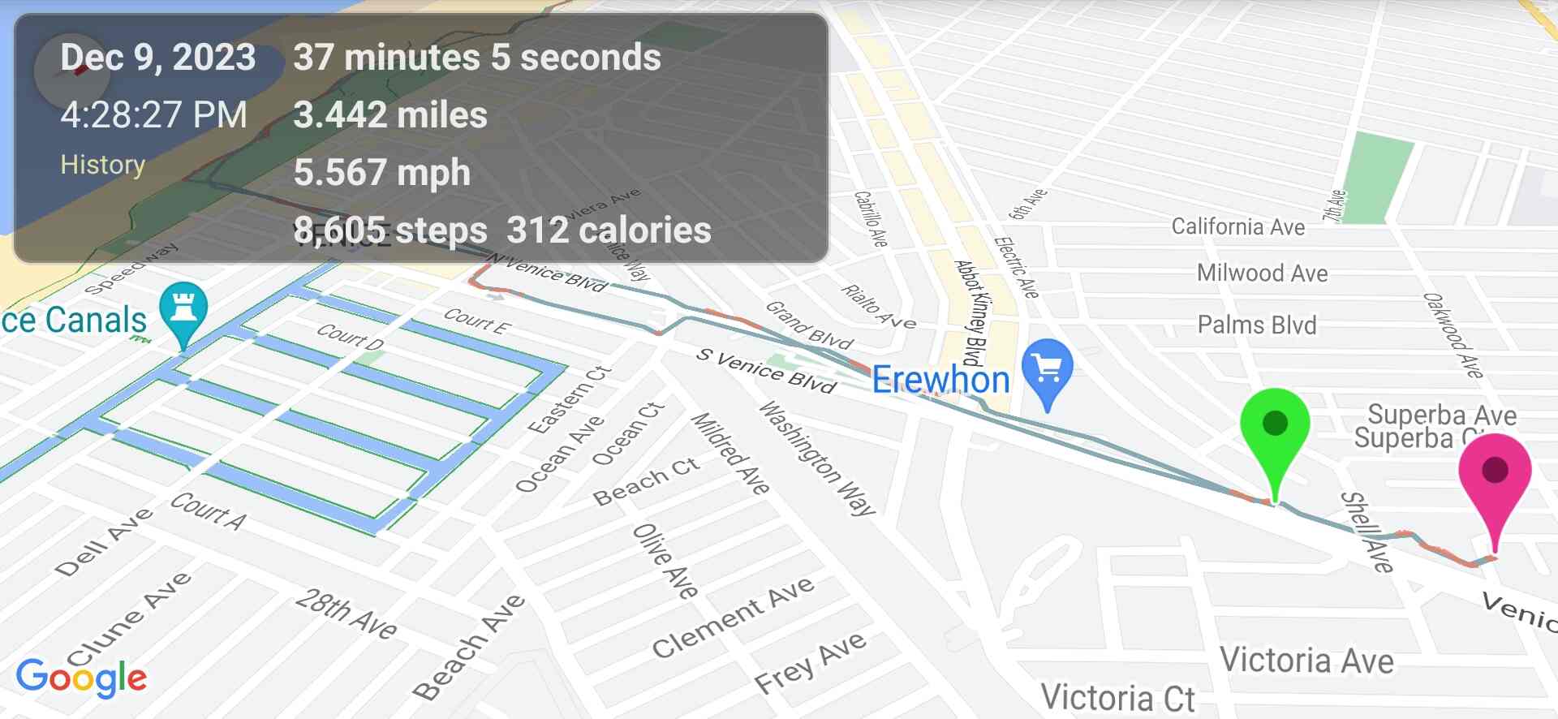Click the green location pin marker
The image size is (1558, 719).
pyautogui.click(x=1275, y=426)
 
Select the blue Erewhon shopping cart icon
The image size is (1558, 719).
pyautogui.click(x=1047, y=370)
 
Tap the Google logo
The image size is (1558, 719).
pyautogui.click(x=81, y=678)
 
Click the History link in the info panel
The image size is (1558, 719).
pyautogui.click(x=102, y=165)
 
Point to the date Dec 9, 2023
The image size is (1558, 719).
pyautogui.click(x=158, y=58)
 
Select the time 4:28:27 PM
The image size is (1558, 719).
pyautogui.click(x=153, y=115)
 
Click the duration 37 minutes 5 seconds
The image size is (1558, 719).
pyautogui.click(x=477, y=58)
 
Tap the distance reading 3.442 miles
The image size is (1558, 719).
pyautogui.click(x=390, y=115)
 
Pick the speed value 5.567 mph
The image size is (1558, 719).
pyautogui.click(x=382, y=173)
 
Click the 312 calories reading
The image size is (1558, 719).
pyautogui.click(x=609, y=230)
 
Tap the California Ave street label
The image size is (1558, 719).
pyautogui.click(x=1238, y=226)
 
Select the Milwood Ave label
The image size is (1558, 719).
pyautogui.click(x=1263, y=273)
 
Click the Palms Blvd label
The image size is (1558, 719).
pyautogui.click(x=1257, y=325)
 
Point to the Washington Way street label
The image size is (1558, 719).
pyautogui.click(x=816, y=459)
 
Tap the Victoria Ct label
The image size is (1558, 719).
pyautogui.click(x=1117, y=698)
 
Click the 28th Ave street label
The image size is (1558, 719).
pyautogui.click(x=346, y=614)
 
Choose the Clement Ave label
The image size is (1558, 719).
pyautogui.click(x=733, y=616)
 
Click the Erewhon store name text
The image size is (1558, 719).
pyautogui.click(x=940, y=380)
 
